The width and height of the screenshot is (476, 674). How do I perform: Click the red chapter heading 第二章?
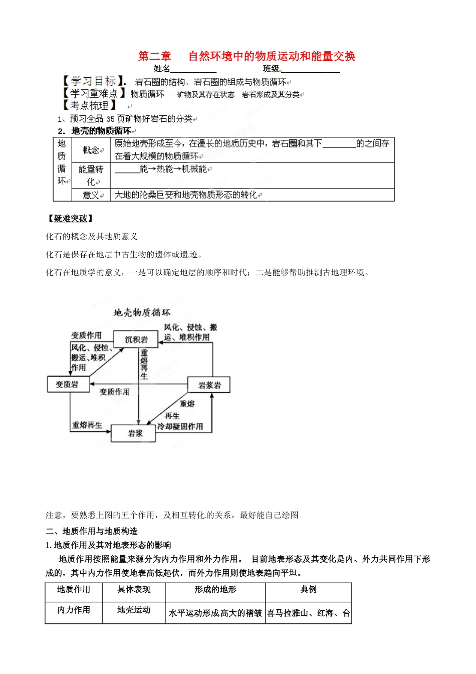coord(154,56)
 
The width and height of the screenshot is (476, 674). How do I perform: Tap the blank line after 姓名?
coord(193,70)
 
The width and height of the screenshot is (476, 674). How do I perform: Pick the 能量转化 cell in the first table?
coord(91,176)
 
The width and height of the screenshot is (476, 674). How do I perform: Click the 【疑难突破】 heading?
coord(70,218)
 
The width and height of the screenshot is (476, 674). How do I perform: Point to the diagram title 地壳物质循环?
coord(142,312)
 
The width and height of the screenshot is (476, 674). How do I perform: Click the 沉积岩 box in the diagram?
coord(136,340)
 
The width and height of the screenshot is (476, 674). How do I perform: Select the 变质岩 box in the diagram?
coord(67,384)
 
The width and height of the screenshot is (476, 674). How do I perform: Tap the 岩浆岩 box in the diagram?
coord(209,385)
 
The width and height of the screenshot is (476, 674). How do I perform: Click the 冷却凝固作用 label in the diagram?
coord(180,426)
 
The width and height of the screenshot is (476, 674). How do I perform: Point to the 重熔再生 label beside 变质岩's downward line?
coord(87,425)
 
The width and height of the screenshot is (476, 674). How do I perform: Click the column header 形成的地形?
coord(215,590)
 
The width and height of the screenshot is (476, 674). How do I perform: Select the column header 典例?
coord(308,590)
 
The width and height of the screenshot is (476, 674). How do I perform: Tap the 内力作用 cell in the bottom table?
coord(74,610)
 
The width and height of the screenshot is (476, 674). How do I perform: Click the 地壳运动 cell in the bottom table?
coord(134,610)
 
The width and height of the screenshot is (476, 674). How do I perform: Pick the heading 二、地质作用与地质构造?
coord(92,531)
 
